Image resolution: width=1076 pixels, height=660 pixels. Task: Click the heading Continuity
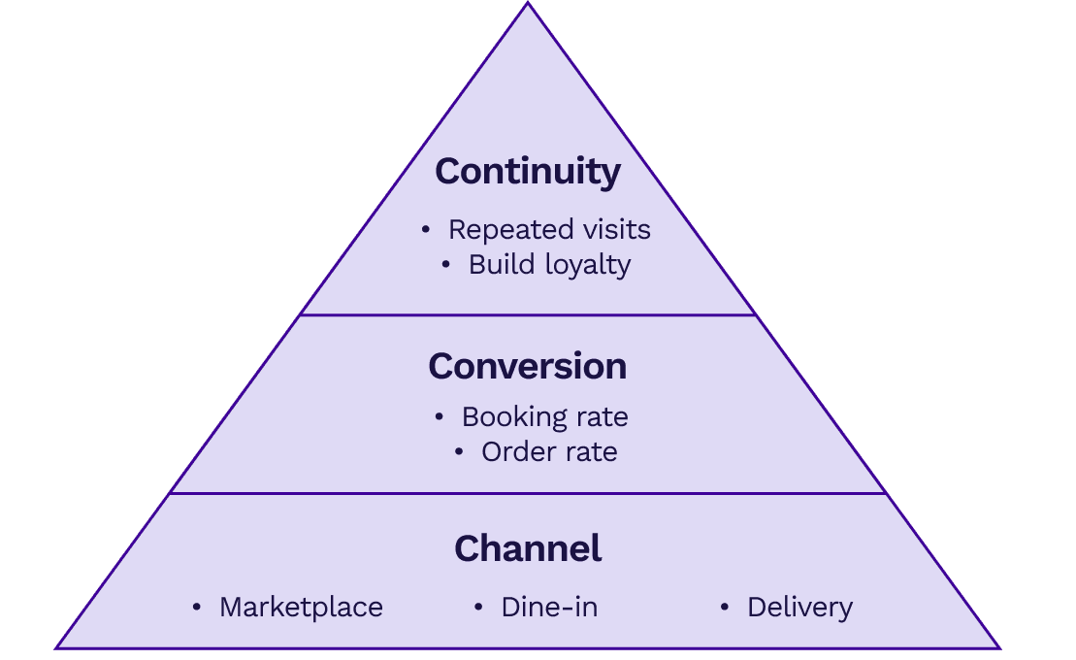tap(528, 171)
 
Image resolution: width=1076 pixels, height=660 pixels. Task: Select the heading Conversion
tap(528, 366)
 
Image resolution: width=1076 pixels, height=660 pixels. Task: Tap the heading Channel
tap(528, 548)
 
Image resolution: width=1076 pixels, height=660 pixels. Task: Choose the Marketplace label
tap(301, 608)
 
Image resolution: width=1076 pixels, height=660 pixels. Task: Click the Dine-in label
tap(549, 608)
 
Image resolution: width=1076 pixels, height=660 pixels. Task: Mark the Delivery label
tap(799, 608)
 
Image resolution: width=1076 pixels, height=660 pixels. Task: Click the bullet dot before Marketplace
tap(197, 608)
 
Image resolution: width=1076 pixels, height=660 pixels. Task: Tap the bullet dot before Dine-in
tap(478, 608)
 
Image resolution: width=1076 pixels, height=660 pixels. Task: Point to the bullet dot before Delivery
tap(725, 608)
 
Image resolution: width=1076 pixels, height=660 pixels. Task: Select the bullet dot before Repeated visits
tap(426, 230)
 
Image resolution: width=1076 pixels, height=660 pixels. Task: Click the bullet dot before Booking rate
tap(440, 417)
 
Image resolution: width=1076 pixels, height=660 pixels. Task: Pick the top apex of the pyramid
tap(528, 4)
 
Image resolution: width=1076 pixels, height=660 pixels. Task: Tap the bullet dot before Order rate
tap(459, 452)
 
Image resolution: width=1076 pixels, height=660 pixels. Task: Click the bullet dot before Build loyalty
tap(446, 265)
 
